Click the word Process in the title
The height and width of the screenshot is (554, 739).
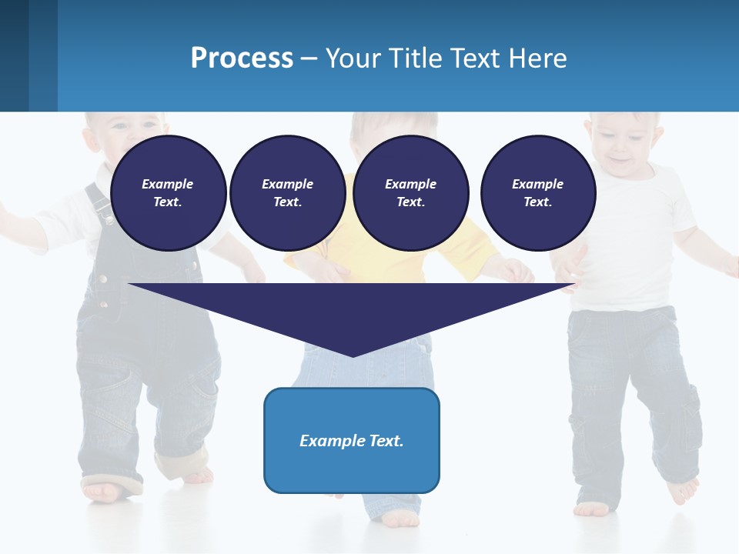pos(242,58)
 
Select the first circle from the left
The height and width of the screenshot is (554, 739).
pos(168,193)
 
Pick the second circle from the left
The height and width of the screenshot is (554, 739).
pos(287,193)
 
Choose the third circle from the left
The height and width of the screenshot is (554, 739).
pos(410,193)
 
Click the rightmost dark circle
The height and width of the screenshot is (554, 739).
pos(537,193)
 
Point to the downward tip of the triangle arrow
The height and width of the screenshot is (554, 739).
pos(353,354)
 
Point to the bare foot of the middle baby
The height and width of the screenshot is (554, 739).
pos(400,520)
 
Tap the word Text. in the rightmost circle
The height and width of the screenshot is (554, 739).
pos(537,202)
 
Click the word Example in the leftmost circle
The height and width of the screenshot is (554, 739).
pos(168,184)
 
